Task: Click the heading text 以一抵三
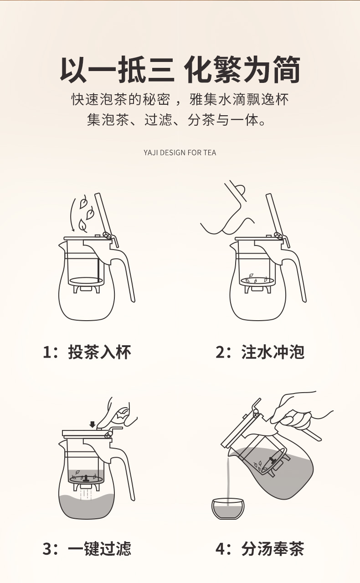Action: [117, 70]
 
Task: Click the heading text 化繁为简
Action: [242, 70]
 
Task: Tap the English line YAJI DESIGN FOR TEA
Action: [180, 153]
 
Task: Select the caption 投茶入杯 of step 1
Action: [99, 352]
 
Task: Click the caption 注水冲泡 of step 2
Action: [273, 352]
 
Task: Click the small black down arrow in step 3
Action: [92, 424]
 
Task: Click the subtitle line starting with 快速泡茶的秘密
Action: [180, 99]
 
